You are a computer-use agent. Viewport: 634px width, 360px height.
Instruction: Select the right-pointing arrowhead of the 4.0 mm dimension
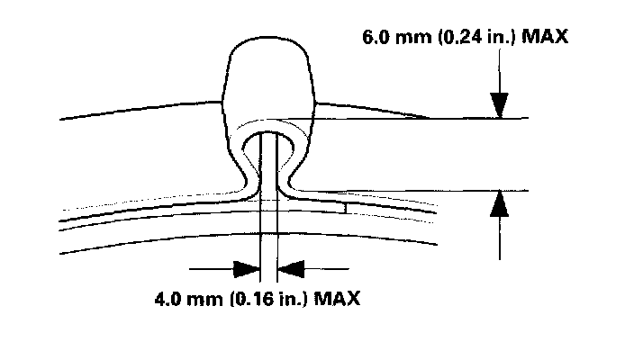pyautogui.click(x=246, y=268)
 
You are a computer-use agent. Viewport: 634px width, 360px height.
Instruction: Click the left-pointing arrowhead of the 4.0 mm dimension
pyautogui.click(x=291, y=268)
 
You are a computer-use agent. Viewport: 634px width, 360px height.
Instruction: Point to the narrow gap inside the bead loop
pyautogui.click(x=268, y=153)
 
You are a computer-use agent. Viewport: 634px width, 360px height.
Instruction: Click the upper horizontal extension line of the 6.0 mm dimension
pyautogui.click(x=486, y=118)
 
